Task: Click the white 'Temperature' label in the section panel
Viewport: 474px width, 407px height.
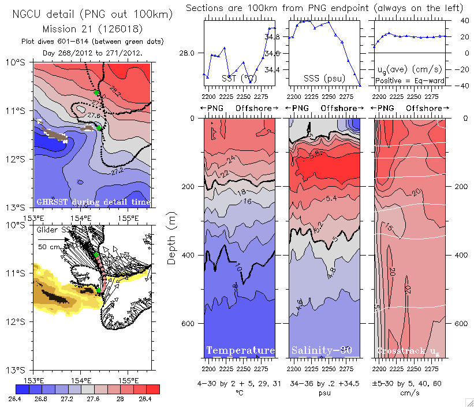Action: [x=240, y=351]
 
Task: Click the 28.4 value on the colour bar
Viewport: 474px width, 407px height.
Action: [x=145, y=398]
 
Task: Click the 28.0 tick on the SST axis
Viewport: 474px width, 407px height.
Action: [x=188, y=53]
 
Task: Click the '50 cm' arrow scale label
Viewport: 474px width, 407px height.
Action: [x=47, y=247]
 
